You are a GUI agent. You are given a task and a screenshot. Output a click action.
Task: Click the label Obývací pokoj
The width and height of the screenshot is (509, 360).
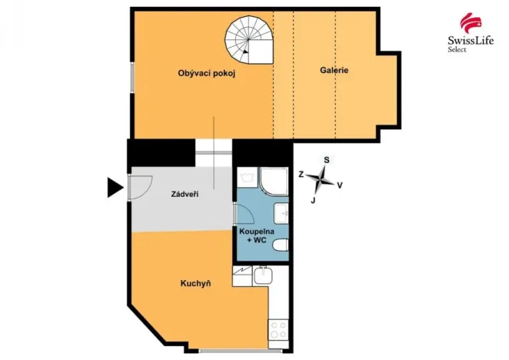pyautogui.click(x=205, y=73)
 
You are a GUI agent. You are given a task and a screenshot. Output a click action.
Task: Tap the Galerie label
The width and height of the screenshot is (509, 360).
pyautogui.click(x=334, y=70)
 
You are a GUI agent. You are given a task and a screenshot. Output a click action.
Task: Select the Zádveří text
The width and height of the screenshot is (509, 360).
pyautogui.click(x=185, y=194)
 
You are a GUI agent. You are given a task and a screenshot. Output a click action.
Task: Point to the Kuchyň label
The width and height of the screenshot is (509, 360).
pyautogui.click(x=195, y=283)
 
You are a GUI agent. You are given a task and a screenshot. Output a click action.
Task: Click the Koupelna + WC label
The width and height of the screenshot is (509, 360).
pyautogui.click(x=254, y=236)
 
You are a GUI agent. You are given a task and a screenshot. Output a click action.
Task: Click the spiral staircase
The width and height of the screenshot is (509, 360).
pyautogui.click(x=250, y=41)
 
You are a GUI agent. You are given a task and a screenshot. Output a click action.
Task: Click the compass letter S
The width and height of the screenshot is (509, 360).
pyautogui.click(x=327, y=160)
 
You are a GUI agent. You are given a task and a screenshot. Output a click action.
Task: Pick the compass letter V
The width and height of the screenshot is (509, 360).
pyautogui.click(x=340, y=185)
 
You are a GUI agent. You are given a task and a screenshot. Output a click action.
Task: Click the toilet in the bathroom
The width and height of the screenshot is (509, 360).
pyautogui.click(x=281, y=245)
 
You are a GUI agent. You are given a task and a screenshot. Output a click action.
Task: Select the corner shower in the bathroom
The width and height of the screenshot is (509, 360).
pyautogui.click(x=272, y=181)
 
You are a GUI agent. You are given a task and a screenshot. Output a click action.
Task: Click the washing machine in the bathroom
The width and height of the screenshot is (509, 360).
pyautogui.click(x=248, y=178)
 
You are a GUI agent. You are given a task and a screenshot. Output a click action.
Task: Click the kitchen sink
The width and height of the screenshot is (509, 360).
pyautogui.click(x=263, y=275)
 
